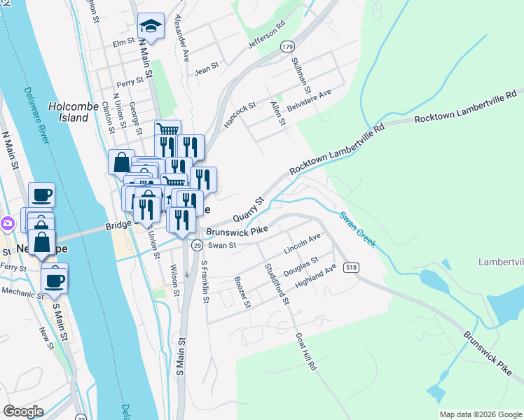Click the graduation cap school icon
(x=151, y=27)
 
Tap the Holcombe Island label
(x=69, y=112)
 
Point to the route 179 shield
(x=287, y=46)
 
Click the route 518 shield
(x=351, y=267)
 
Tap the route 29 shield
(x=198, y=246)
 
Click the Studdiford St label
(x=276, y=283)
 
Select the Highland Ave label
(x=316, y=276)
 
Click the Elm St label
(x=123, y=43)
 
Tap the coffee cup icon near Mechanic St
(x=55, y=281)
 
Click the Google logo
(x=23, y=412)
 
